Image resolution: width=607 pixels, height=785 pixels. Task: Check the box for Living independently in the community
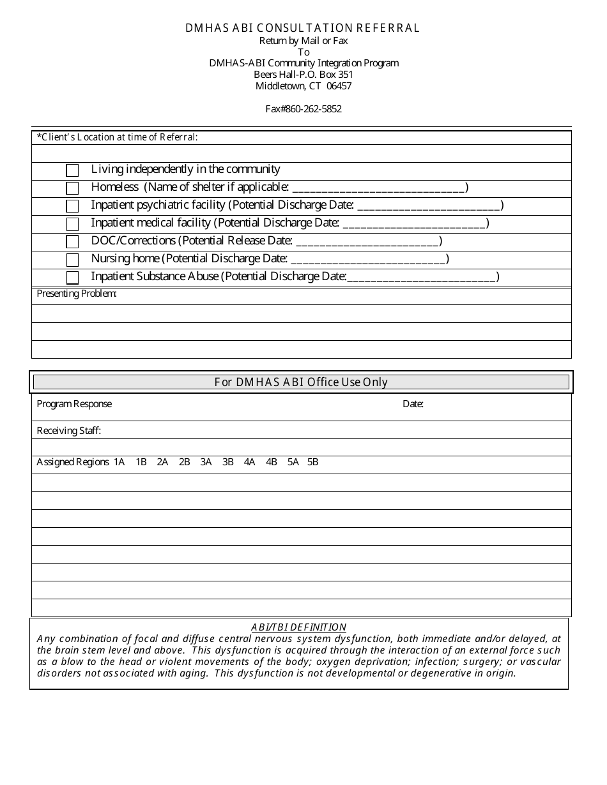[72, 170]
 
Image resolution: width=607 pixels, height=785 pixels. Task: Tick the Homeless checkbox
[72, 188]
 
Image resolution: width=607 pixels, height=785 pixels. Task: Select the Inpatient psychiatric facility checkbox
[72, 206]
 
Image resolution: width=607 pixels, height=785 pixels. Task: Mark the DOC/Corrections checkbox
[72, 242]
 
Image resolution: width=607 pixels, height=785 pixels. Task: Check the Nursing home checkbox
[72, 260]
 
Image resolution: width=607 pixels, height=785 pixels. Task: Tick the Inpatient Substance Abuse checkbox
[72, 278]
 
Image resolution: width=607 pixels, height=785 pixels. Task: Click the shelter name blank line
[379, 188]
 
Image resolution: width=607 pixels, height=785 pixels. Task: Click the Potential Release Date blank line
[368, 242]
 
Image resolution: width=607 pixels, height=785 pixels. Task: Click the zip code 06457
[339, 86]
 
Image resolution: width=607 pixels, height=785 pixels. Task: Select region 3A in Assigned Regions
[206, 462]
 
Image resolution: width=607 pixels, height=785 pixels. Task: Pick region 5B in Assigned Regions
[312, 462]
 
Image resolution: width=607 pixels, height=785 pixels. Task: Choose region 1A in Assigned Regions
[119, 462]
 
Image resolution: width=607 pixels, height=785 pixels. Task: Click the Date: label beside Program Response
[413, 404]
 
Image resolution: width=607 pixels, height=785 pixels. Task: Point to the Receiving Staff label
[68, 431]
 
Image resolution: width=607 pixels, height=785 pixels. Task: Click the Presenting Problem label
[77, 294]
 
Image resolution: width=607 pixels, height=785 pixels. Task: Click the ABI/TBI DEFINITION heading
[298, 627]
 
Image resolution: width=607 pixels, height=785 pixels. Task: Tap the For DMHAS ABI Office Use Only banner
[301, 382]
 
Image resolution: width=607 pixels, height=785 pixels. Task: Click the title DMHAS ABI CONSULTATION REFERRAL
[303, 28]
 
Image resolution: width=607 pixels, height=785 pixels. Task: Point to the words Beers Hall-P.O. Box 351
[303, 75]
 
